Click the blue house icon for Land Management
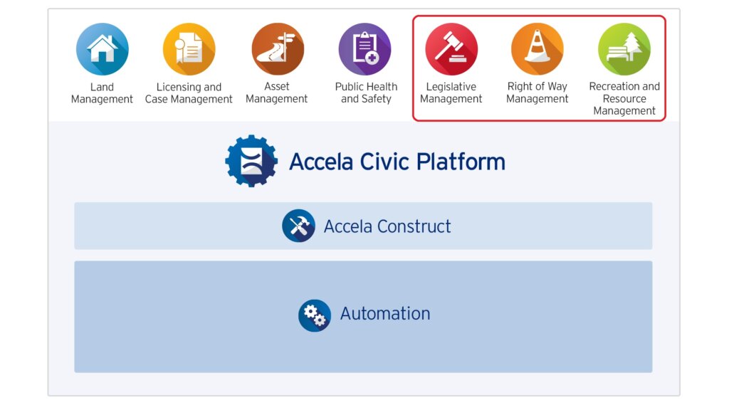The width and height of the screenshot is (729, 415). (x=103, y=49)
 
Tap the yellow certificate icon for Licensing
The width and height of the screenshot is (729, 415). (x=189, y=49)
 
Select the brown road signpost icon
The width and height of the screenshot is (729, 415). (x=278, y=49)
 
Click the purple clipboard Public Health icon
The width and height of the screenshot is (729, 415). (x=364, y=49)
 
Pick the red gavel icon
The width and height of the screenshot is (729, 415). (x=451, y=49)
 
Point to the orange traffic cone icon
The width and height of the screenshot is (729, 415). (x=537, y=49)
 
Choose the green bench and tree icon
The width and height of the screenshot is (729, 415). (x=624, y=49)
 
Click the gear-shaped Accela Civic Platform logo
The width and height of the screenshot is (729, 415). (x=251, y=162)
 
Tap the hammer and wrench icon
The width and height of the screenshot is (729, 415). (x=298, y=226)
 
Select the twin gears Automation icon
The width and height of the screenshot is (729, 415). (x=315, y=315)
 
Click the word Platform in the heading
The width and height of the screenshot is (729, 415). (x=461, y=162)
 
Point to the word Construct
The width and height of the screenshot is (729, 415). (x=414, y=226)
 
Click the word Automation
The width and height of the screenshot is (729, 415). (x=385, y=314)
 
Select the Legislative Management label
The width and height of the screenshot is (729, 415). (x=451, y=93)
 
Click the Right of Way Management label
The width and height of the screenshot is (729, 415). (x=537, y=93)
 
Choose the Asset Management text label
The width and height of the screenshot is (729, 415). (x=277, y=93)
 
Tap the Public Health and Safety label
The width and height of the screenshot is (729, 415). (x=367, y=93)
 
